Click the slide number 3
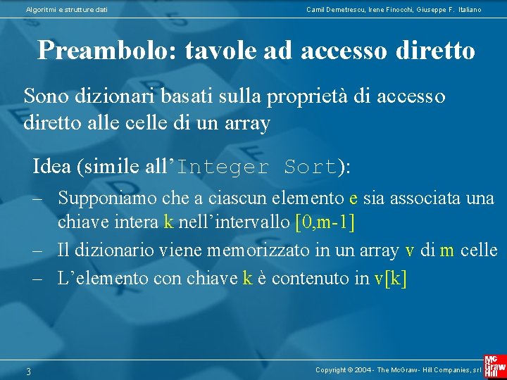(29, 372)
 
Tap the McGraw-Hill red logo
(494, 365)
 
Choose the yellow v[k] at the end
(390, 279)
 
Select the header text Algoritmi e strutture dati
(67, 9)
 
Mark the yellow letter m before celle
(446, 251)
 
